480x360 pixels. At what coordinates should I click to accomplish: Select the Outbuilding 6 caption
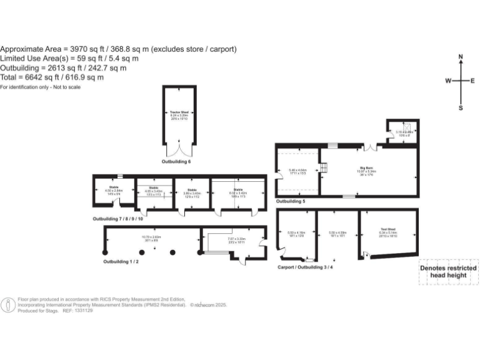coord(176,162)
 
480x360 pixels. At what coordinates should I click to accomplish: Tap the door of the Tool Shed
coord(366,254)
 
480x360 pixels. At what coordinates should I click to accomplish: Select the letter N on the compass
coord(461,57)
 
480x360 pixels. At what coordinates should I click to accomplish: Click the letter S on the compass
coord(461,107)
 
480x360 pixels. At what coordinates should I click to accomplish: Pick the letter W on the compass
coord(448,81)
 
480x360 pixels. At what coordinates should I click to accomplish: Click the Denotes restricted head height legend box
coord(447,272)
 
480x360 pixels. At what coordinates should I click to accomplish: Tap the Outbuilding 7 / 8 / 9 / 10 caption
coord(118,219)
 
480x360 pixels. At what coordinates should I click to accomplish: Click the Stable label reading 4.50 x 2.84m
coord(114,191)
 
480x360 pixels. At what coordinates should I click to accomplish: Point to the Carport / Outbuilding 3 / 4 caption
coord(309,267)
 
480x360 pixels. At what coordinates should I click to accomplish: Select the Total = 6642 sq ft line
coord(52,77)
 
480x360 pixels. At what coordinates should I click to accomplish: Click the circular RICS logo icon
coord(8,305)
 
